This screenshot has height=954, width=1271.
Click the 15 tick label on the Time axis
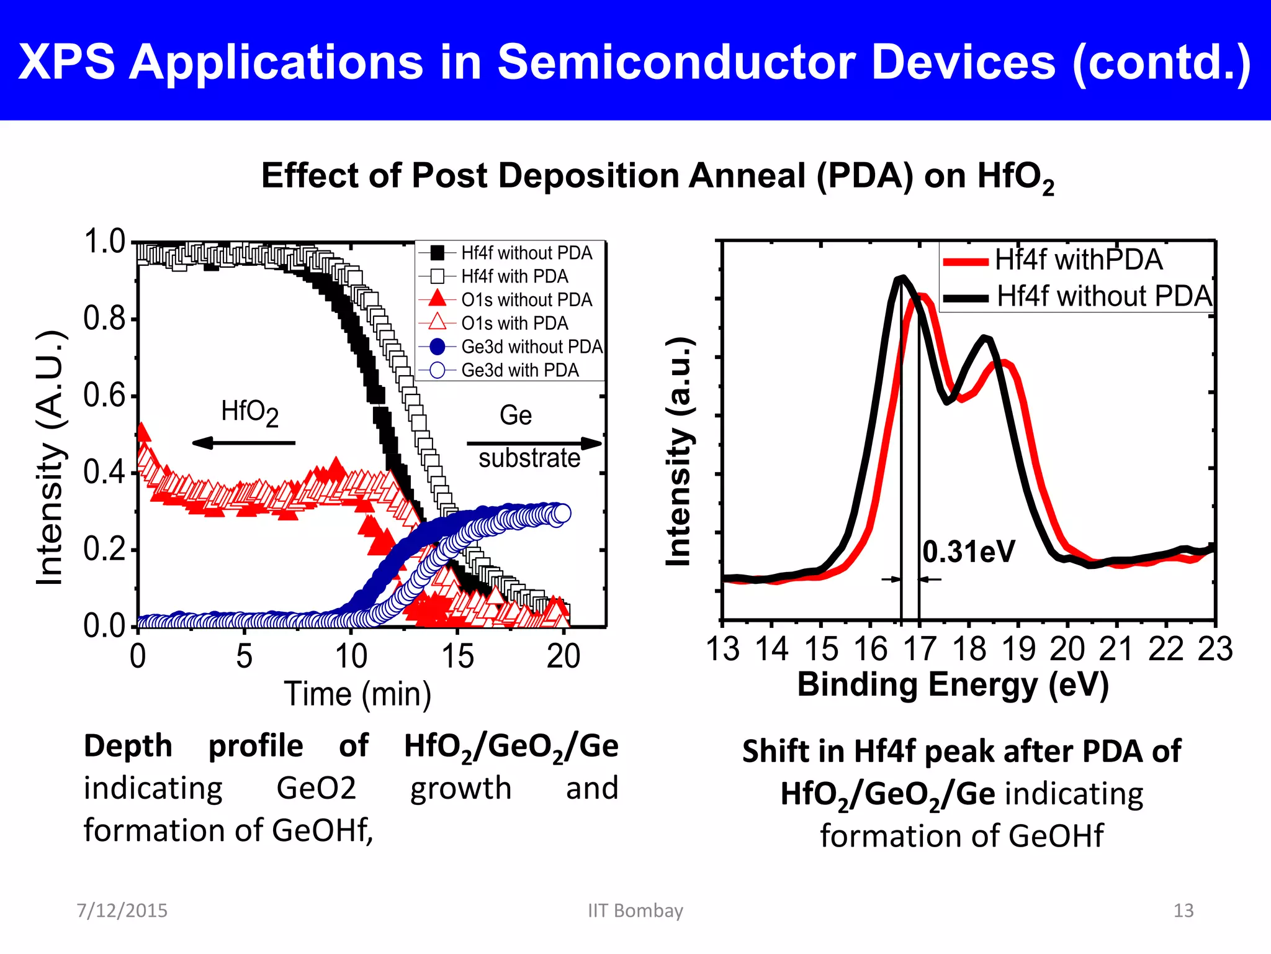457,656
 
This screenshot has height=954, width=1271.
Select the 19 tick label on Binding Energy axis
1018,649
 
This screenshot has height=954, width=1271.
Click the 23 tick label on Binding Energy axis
1215,649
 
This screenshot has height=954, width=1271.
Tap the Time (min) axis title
357,694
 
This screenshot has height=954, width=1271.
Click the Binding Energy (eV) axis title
953,684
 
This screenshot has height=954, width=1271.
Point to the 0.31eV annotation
968,552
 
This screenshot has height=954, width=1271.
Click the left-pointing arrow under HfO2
243,443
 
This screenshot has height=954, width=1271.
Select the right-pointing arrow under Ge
534,443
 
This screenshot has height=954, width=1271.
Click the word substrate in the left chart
529,458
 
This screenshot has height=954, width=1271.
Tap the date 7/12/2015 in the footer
122,911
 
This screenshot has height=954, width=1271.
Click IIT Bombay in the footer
635,911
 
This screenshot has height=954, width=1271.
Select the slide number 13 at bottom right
1183,911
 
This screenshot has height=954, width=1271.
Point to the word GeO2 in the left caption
316,788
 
